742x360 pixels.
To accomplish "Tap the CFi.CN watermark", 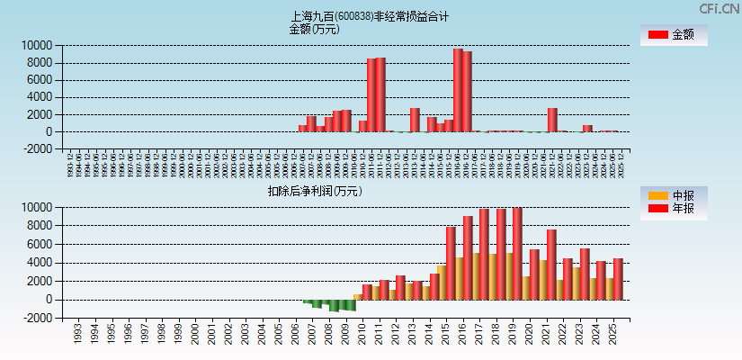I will [x=719, y=8].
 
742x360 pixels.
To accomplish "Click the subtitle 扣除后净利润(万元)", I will [x=314, y=191].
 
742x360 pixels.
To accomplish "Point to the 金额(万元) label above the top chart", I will [x=314, y=29].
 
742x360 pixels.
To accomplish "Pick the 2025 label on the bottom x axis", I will [x=612, y=336].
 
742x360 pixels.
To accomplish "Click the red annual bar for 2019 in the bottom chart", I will [x=517, y=254].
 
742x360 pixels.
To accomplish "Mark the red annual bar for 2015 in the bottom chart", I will [x=451, y=263].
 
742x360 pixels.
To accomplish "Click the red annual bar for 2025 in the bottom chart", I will [x=618, y=279].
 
